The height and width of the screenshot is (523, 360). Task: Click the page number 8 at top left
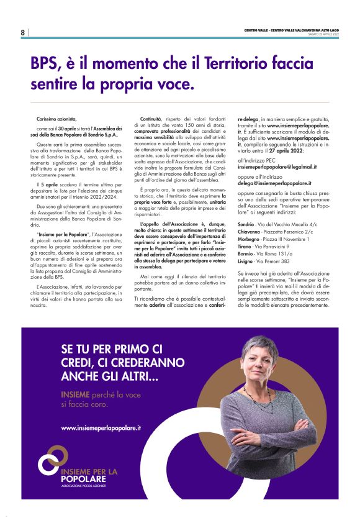pos(23,32)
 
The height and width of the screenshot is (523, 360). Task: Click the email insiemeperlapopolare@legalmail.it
pos(277,167)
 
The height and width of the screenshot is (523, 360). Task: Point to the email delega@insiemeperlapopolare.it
pos(274,184)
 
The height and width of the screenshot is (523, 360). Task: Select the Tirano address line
pos(264,246)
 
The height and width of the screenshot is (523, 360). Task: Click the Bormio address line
pos(265,253)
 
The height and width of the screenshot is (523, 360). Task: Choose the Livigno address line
pos(264,261)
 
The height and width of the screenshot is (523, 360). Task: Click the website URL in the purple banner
pos(101,428)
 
